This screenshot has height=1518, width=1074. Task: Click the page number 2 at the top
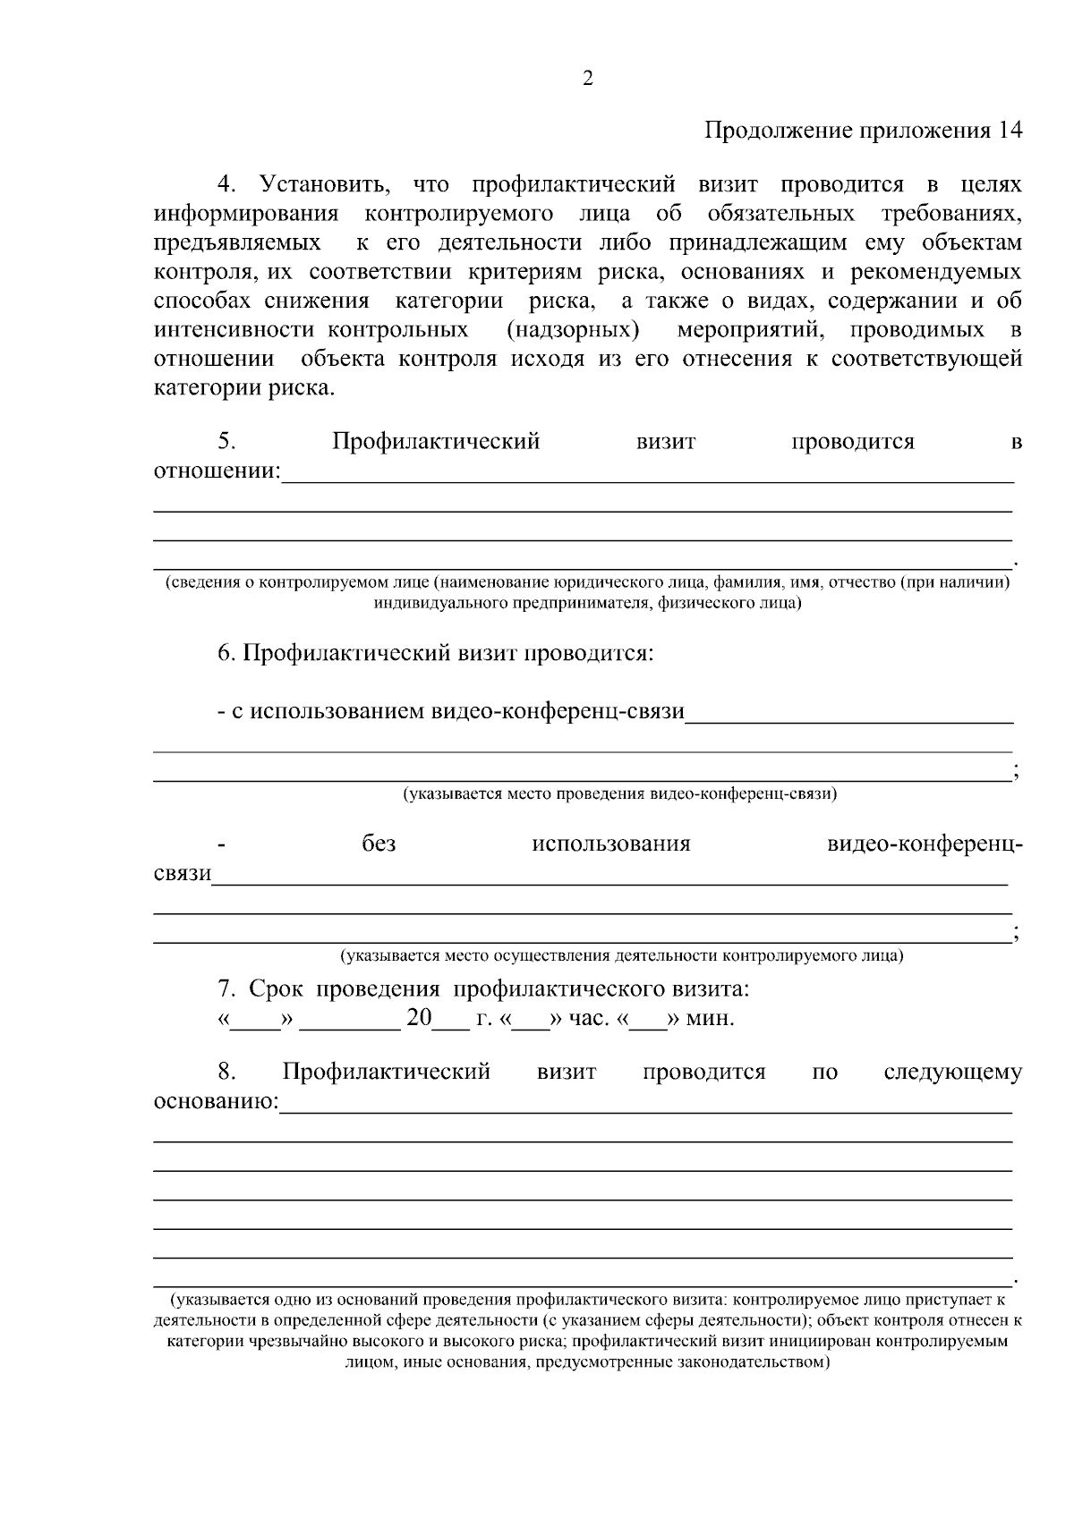[588, 80]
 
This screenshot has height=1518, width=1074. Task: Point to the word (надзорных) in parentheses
[573, 330]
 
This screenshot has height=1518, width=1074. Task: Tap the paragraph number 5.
[226, 441]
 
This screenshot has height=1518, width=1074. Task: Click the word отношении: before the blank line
[217, 471]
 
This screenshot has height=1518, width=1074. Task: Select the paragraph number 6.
[226, 653]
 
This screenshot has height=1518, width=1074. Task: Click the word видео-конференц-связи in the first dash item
[558, 712]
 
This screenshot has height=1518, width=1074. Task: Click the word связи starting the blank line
[183, 873]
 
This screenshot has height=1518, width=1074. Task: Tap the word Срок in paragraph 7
[277, 989]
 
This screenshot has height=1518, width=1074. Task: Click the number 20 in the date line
[419, 1018]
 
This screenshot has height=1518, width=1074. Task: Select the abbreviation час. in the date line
[589, 1018]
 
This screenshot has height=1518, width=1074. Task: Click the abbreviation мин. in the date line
[711, 1018]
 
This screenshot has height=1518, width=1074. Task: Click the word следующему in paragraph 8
[952, 1072]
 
